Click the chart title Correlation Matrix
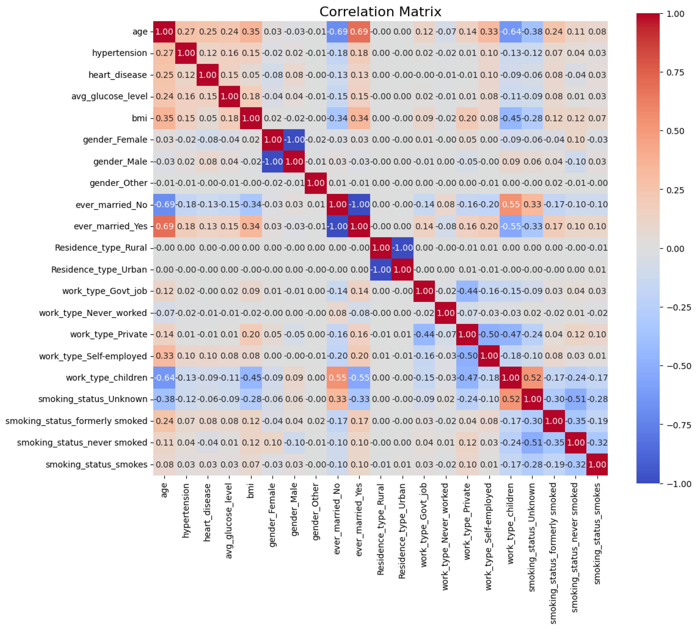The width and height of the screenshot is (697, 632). tap(380, 12)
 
